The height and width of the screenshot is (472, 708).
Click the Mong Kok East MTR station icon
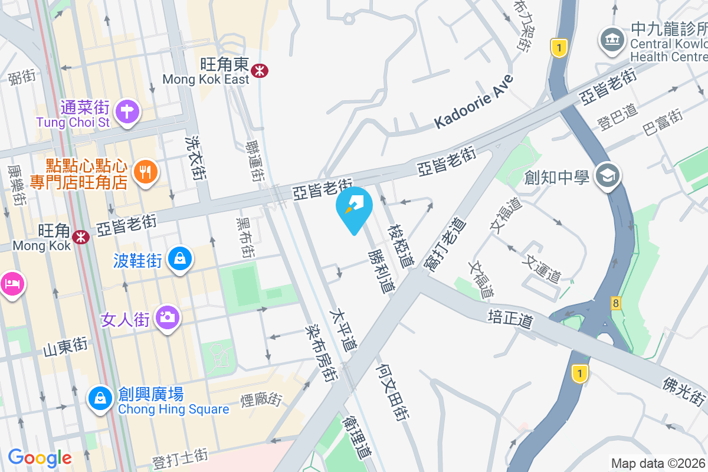coord(259,71)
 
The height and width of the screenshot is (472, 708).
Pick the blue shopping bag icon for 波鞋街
coord(180,258)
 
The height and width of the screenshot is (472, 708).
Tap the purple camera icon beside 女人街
coord(168,317)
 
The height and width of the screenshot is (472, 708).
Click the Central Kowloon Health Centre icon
coord(612,40)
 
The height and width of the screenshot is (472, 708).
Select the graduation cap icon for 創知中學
coord(608,175)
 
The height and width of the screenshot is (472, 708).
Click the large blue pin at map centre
coord(354,206)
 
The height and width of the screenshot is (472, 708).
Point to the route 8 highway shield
coord(617,303)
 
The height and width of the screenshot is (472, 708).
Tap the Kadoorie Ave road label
coord(474,101)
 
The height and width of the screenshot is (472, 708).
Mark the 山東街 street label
coord(65,346)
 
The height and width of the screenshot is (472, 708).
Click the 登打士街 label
coord(181,458)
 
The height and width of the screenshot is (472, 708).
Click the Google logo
coord(40,457)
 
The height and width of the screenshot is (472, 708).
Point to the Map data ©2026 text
coord(658,463)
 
